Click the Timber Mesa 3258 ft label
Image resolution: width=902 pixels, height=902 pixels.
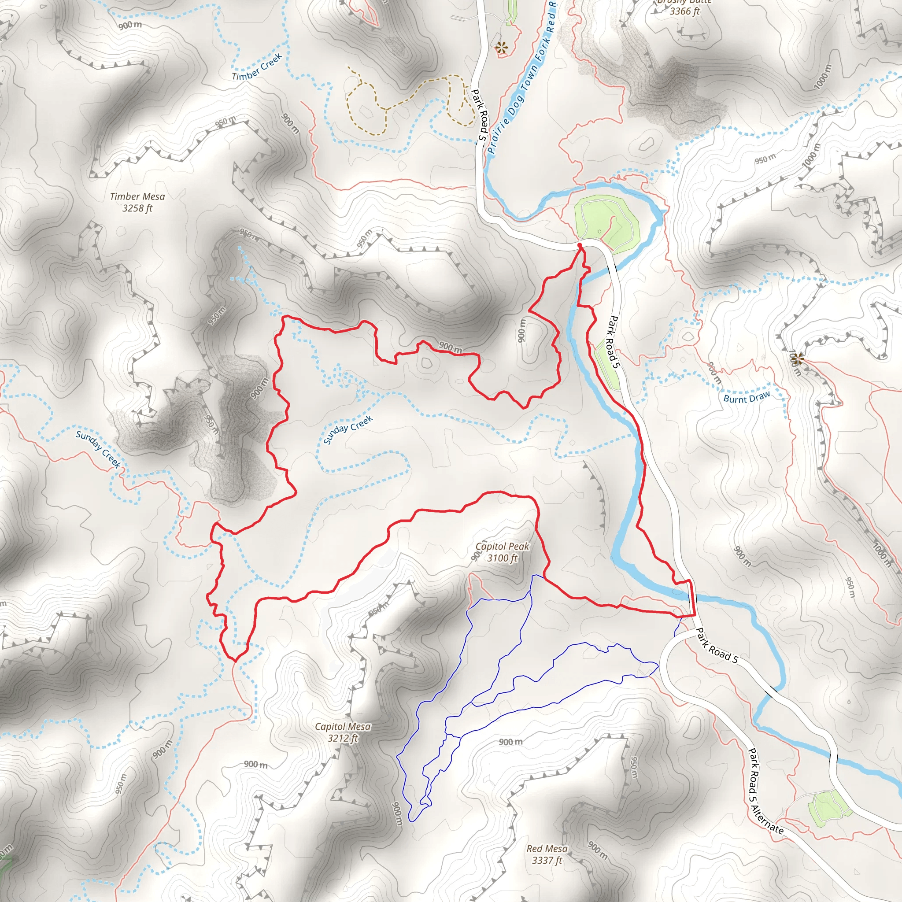click(x=137, y=203)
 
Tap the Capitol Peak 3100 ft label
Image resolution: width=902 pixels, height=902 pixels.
click(x=503, y=552)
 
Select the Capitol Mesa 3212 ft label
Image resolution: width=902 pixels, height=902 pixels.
click(x=343, y=732)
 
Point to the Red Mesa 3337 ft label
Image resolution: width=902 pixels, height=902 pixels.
click(x=547, y=854)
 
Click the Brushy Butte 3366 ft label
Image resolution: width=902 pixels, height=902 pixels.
click(x=684, y=7)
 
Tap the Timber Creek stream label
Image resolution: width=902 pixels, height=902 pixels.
click(x=257, y=67)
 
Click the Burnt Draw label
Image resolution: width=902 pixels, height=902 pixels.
click(x=747, y=397)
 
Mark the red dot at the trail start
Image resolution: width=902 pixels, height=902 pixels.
click(x=580, y=245)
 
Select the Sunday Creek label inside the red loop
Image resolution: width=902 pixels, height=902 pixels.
click(x=348, y=429)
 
